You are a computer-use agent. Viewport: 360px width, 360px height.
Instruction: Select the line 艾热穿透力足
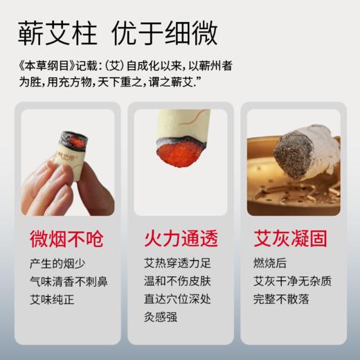[176, 265]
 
